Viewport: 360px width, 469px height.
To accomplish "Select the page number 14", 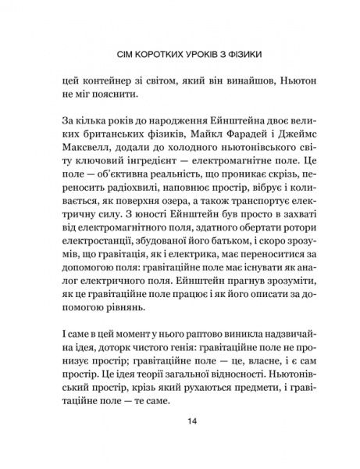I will (x=180, y=444).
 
